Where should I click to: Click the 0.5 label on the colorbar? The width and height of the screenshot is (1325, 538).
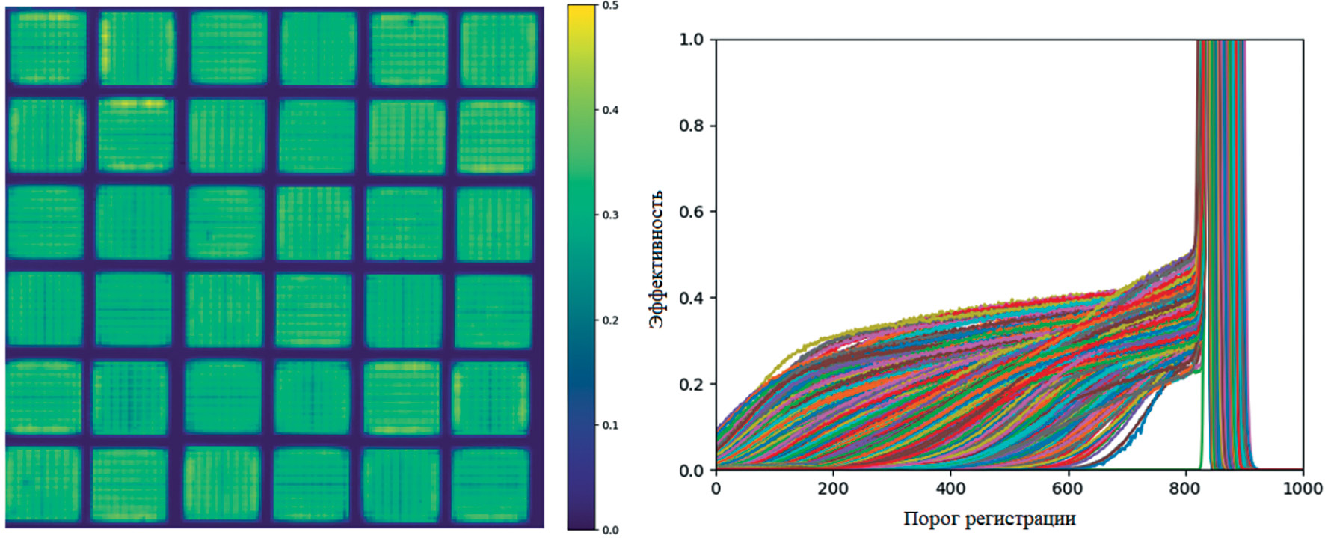point(611,6)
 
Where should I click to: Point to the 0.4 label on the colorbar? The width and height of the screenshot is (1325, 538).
point(611,111)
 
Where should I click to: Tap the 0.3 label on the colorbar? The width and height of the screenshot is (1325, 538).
point(611,215)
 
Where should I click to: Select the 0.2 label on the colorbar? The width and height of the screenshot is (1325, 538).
point(611,320)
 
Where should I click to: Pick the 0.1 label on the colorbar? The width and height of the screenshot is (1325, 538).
point(611,425)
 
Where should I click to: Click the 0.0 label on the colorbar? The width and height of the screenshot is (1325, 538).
point(611,530)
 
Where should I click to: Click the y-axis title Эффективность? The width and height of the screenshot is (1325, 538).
point(657,259)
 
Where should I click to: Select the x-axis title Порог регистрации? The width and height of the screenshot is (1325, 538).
point(989,518)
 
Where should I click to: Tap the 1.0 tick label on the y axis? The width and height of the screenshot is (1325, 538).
point(692,40)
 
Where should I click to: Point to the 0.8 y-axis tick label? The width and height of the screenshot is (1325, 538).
point(692,126)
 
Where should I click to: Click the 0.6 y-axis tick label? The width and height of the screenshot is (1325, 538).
point(692,212)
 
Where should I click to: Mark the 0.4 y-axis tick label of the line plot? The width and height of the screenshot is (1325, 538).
point(692,298)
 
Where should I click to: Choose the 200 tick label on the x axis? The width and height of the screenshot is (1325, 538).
point(833,489)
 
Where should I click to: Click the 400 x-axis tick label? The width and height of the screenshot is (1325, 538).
point(950,489)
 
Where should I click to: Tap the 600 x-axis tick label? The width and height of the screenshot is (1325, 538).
point(1068,489)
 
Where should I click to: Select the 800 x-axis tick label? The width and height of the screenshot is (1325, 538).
point(1185,489)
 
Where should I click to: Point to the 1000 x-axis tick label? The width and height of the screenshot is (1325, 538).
point(1303,489)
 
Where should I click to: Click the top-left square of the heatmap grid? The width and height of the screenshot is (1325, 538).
point(48,48)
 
